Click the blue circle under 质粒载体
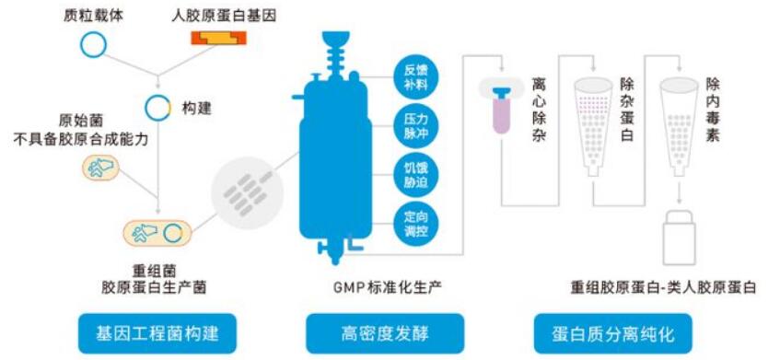click(92, 43)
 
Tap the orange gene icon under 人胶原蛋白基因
click(217, 38)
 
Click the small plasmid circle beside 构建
click(159, 108)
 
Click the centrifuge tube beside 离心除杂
click(501, 109)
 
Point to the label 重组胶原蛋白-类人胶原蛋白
click(663, 287)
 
